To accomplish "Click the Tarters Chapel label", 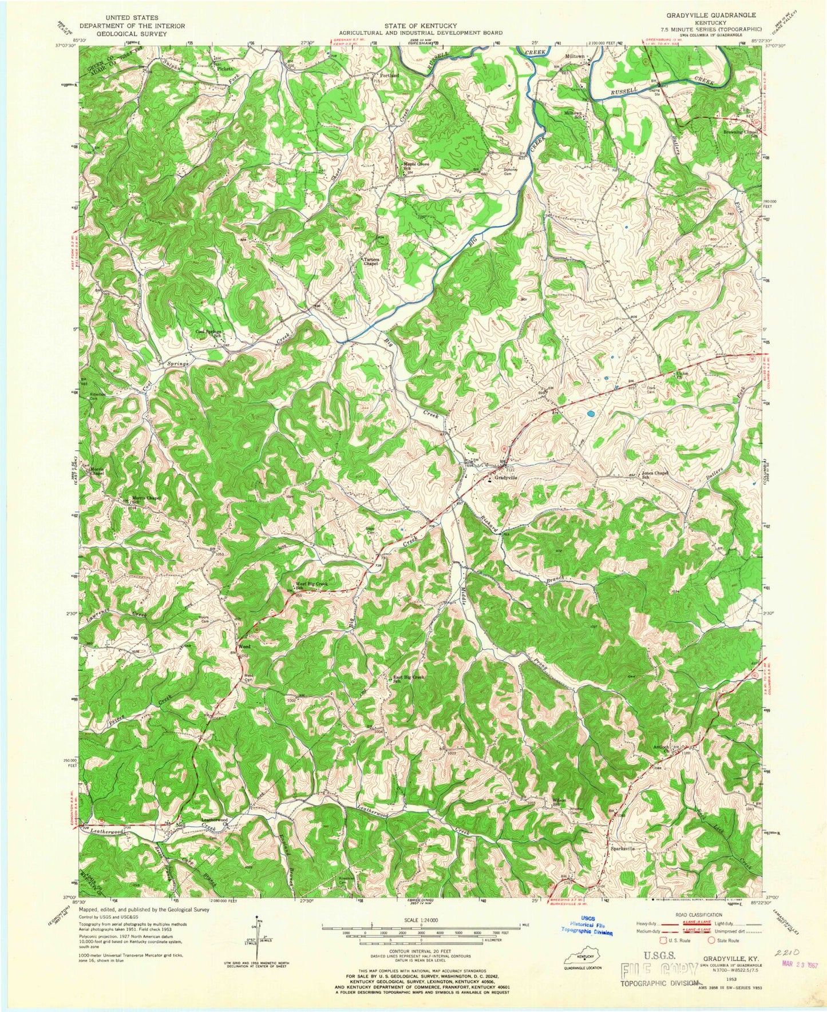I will point(371,261).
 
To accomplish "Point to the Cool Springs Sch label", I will point(208,333).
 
